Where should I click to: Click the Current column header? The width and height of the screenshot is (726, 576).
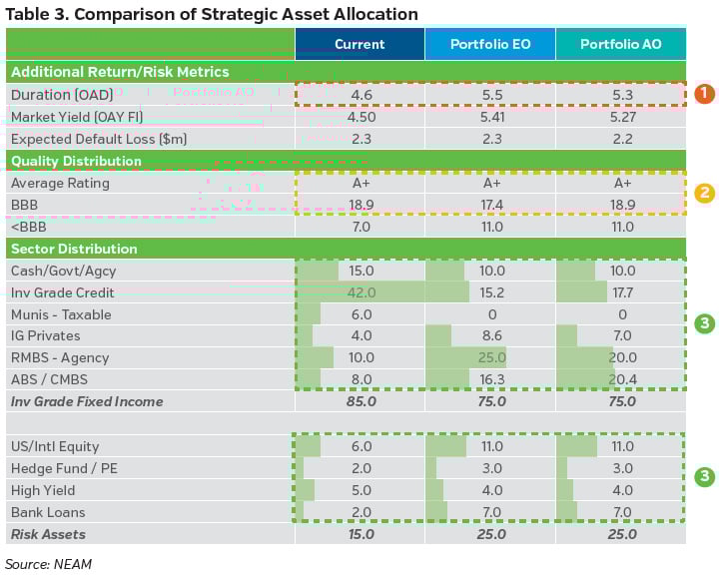360,44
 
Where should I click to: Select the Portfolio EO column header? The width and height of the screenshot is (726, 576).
489,44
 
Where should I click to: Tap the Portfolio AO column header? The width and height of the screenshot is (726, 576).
620,44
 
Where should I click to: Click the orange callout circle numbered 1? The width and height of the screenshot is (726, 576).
705,94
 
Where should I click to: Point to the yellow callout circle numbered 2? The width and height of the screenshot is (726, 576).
705,193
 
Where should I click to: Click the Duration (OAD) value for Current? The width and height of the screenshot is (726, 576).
361,95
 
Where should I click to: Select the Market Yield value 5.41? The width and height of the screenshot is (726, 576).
491,117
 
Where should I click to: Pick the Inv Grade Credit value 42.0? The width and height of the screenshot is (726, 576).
361,292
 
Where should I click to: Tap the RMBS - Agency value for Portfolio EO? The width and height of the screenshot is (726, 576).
491,357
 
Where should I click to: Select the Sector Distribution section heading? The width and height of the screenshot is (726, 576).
74,249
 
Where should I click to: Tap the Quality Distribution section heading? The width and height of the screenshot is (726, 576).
76,161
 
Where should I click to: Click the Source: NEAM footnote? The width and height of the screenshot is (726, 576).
48,563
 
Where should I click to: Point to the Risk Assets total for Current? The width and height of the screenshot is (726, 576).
361,534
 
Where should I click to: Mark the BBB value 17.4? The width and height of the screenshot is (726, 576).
491,205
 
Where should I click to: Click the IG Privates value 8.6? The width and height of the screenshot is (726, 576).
491,336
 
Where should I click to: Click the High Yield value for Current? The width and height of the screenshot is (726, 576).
361,490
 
